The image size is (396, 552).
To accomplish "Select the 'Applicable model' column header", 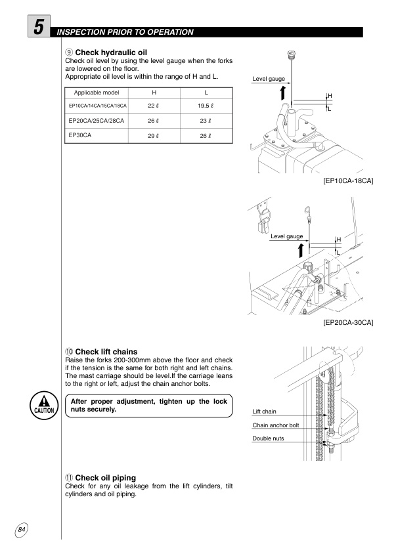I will (x=97, y=92).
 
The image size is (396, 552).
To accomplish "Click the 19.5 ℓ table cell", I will (x=206, y=106).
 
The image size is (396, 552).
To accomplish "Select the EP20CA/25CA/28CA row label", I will (x=97, y=121).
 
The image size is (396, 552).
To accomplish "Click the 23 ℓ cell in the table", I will (x=206, y=121).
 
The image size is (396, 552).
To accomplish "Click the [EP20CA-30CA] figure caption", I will (x=348, y=323).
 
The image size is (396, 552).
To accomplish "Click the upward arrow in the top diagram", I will (x=282, y=93).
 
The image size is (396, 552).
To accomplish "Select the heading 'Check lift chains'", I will (x=102, y=352).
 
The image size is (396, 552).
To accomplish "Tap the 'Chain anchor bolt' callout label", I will (x=275, y=425).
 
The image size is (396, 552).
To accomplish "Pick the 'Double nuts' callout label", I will (x=268, y=438).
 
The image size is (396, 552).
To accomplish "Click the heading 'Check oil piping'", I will (x=102, y=477).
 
